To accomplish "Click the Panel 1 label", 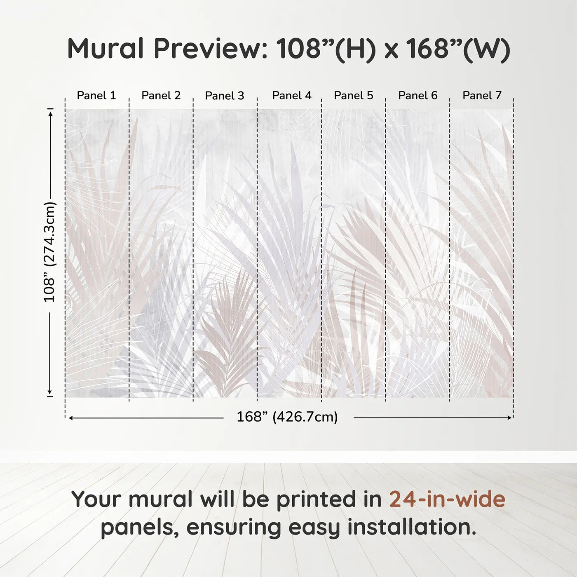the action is click(x=96, y=96).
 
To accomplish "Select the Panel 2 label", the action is click(x=161, y=96).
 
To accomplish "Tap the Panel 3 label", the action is click(x=225, y=96).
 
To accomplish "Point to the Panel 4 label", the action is click(x=292, y=96).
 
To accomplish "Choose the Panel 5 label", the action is click(x=354, y=96).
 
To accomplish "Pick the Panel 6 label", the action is click(x=418, y=96).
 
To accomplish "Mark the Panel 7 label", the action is click(x=482, y=96).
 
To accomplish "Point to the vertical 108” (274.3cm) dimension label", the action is click(x=50, y=252).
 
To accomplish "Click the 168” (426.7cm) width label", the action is click(x=287, y=417).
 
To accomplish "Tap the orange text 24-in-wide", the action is click(x=447, y=499).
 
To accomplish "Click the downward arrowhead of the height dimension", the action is click(x=50, y=392).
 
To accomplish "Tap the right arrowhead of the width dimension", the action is click(x=509, y=418).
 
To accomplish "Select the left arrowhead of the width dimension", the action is click(x=71, y=418).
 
